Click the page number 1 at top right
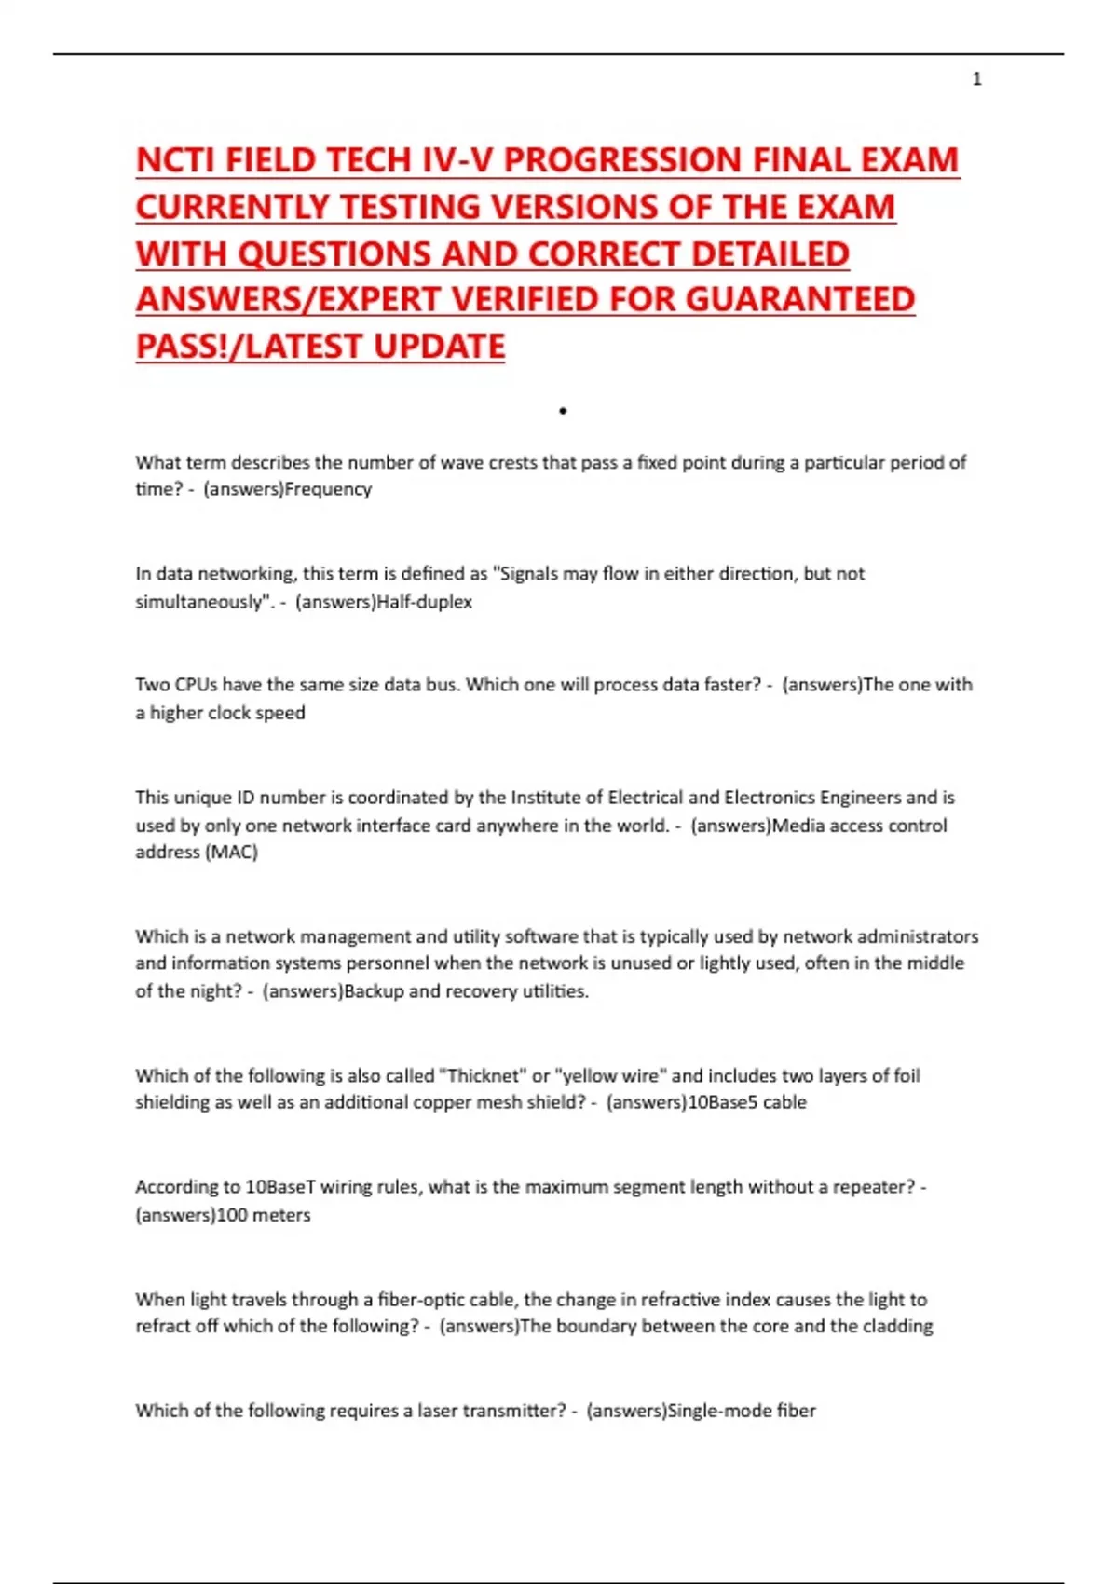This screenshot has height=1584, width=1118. click(976, 79)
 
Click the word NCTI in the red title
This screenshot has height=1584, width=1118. click(176, 160)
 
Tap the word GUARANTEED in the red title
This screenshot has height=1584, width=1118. click(800, 300)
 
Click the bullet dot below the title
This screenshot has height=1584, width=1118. click(563, 411)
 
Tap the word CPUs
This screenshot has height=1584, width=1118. click(195, 685)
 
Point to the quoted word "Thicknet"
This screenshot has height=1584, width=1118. click(484, 1076)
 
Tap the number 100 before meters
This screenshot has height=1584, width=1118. click(231, 1215)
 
